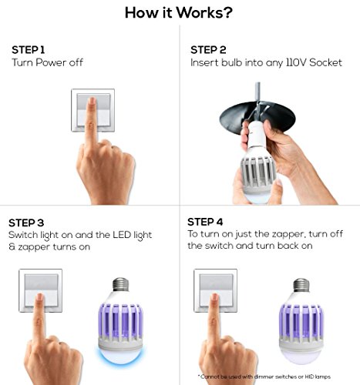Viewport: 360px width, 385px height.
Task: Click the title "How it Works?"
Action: [x=179, y=12]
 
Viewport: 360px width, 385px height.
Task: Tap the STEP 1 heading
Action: [x=29, y=50]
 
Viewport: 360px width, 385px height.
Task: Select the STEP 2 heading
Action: [x=208, y=50]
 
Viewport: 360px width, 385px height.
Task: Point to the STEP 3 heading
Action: [x=26, y=223]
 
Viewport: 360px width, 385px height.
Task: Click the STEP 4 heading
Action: [x=205, y=222]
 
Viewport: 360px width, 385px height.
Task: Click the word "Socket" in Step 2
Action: [x=325, y=62]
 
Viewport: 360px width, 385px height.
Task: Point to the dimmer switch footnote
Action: [x=264, y=377]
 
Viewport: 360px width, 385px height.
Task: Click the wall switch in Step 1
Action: [x=93, y=110]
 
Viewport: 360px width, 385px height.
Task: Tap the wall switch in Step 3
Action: [x=40, y=290]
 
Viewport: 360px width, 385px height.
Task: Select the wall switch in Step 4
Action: [x=215, y=290]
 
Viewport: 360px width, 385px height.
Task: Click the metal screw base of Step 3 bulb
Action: [x=121, y=284]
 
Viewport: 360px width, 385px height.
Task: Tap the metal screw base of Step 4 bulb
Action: [x=301, y=285]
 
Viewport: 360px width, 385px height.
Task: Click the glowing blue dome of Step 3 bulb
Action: [x=120, y=355]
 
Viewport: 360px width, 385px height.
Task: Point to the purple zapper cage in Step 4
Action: [x=301, y=320]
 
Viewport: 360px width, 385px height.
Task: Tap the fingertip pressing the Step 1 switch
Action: [x=91, y=101]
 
